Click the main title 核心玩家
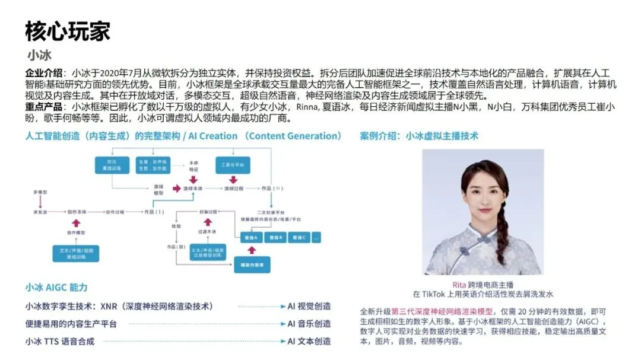tap(68, 31)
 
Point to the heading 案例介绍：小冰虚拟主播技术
tap(419, 136)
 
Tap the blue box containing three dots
tap(316, 237)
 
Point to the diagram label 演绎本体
tap(193, 188)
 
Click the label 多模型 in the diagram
tap(40, 193)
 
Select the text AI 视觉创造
tap(309, 307)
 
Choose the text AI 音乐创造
tap(309, 324)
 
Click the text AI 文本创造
tap(309, 341)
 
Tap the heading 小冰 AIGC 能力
tap(56, 287)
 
